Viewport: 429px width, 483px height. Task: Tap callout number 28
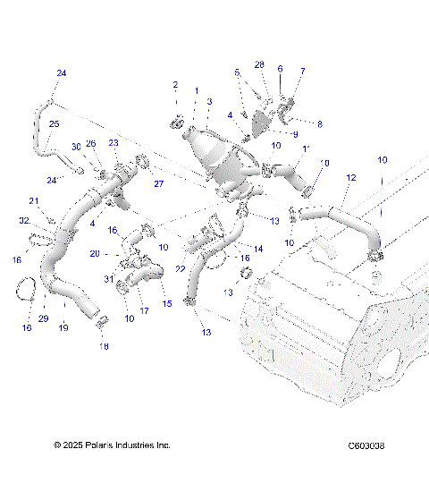pos(259,65)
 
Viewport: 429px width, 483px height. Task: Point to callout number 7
pos(302,70)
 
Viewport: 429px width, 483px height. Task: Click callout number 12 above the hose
pos(351,178)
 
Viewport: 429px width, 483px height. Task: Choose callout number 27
pos(161,184)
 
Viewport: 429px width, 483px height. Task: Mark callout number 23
pos(114,142)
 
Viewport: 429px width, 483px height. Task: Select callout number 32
pos(24,219)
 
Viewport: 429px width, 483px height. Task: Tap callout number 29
pos(43,318)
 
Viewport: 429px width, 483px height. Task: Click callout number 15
pos(165,303)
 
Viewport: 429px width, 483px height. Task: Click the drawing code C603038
pos(366,445)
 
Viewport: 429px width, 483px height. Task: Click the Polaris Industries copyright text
pos(112,445)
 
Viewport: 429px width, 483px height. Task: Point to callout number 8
pos(319,123)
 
